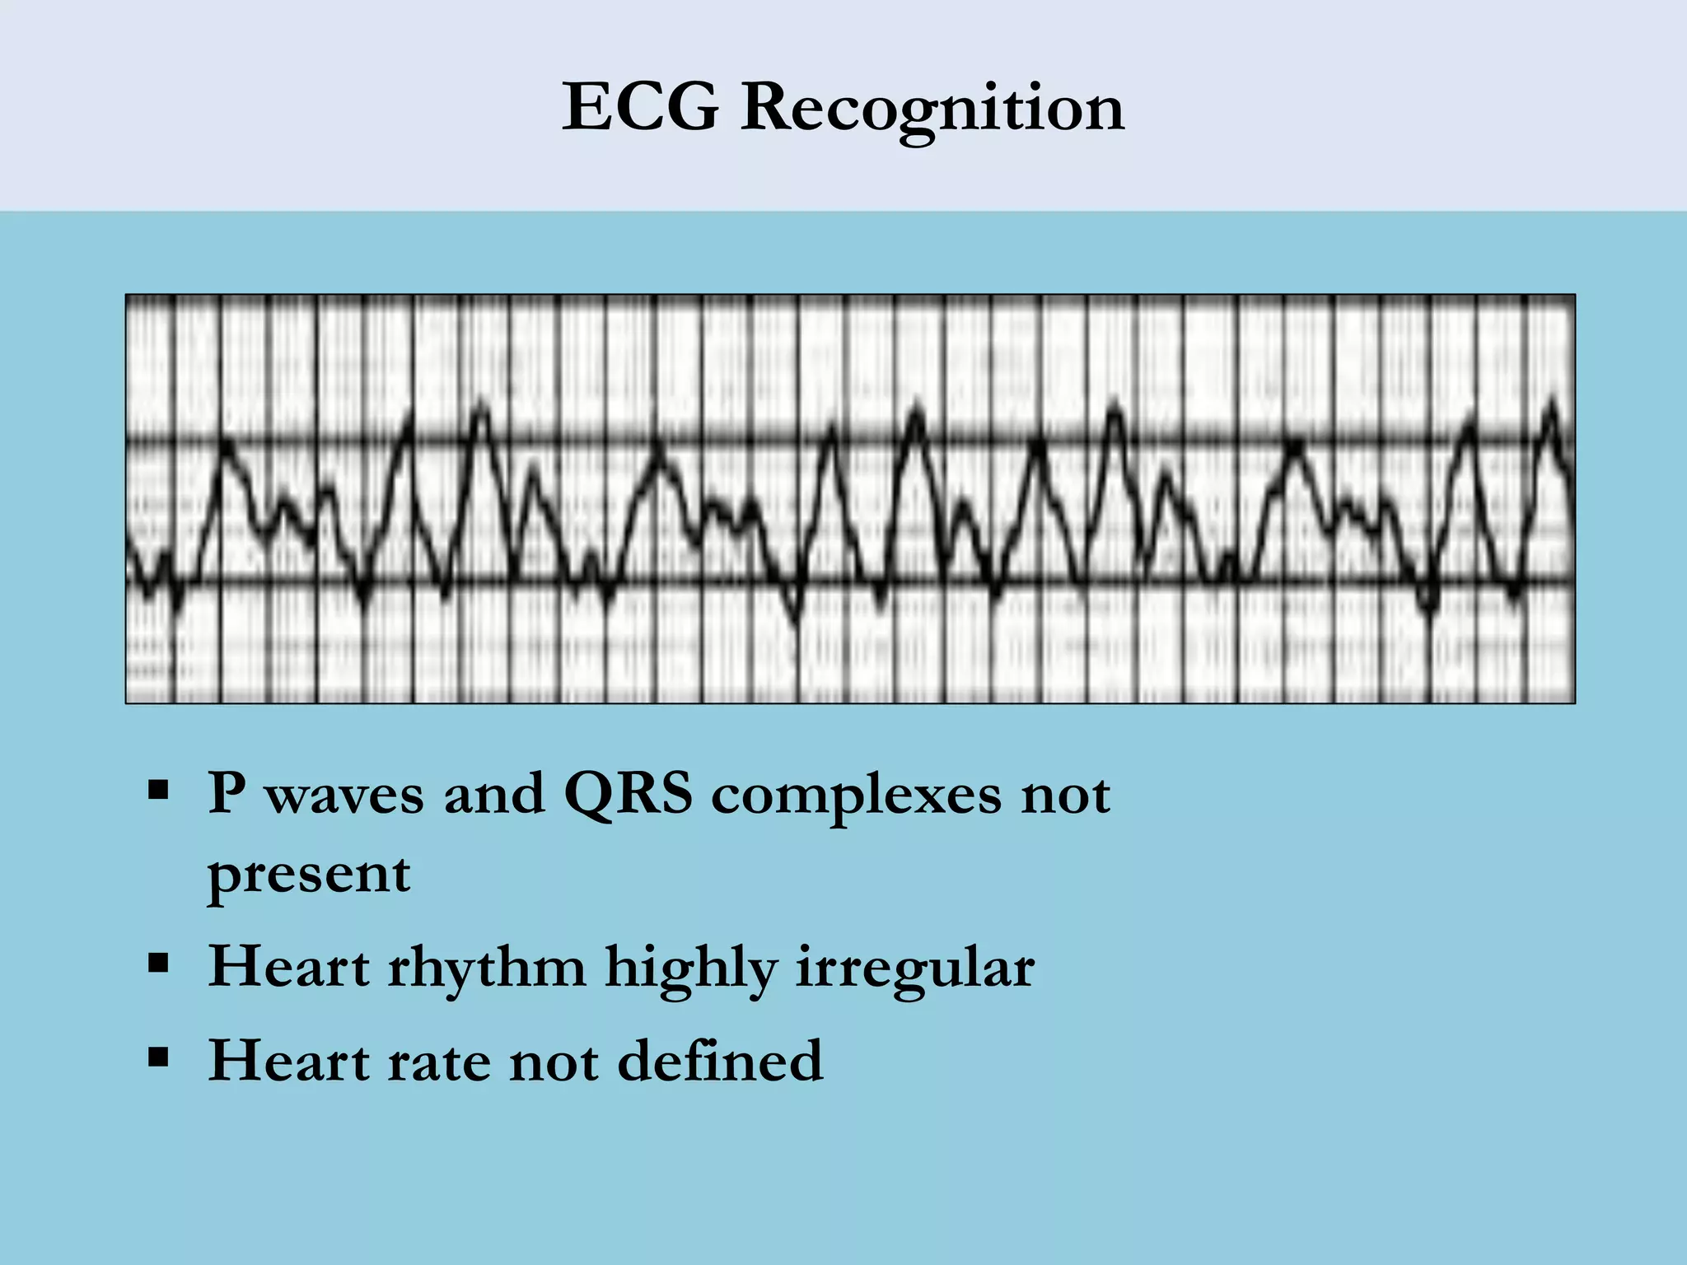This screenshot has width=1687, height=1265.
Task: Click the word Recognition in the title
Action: (932, 109)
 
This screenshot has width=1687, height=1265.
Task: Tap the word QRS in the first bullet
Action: (628, 795)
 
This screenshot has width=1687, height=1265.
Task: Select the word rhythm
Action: (487, 967)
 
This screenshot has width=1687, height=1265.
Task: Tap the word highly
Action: (691, 969)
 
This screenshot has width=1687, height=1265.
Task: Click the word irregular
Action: (915, 969)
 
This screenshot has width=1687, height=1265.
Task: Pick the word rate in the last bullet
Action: (438, 1061)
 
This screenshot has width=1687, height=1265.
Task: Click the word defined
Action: (720, 1060)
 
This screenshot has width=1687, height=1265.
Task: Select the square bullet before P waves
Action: (158, 791)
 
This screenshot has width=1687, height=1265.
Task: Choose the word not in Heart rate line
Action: (554, 1061)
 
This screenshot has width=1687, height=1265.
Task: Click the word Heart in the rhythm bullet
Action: (288, 967)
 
